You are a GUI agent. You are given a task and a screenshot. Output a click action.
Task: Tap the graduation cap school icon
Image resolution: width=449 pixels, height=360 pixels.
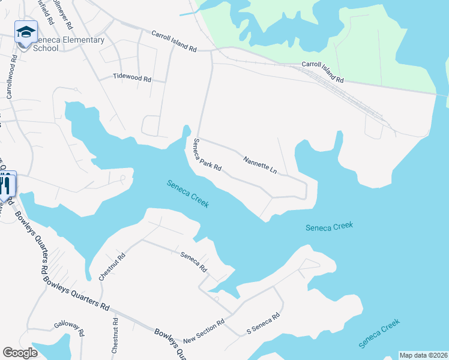click(26, 32)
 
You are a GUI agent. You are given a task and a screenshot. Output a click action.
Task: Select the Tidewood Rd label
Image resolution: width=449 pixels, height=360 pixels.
click(133, 78)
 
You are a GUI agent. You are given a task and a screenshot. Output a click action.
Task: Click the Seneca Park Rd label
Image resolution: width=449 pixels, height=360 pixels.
click(207, 155)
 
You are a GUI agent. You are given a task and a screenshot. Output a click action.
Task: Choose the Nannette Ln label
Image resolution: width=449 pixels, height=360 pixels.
click(260, 166)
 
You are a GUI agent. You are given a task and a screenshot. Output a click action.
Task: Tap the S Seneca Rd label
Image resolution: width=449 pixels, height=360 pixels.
click(264, 324)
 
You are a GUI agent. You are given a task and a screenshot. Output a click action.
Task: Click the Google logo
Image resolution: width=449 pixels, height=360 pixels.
click(20, 353)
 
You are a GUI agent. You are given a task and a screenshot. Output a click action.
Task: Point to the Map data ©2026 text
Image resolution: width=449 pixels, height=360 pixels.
click(424, 355)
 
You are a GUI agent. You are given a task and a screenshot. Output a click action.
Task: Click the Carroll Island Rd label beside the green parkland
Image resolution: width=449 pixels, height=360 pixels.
click(322, 71)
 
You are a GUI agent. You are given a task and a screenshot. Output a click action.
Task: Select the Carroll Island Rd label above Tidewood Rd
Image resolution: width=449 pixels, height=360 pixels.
click(174, 40)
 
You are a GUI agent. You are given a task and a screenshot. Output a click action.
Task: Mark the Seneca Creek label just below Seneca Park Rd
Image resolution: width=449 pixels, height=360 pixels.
click(188, 194)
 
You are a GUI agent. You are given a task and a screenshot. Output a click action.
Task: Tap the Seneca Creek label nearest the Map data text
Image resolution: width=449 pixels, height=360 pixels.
click(379, 334)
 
